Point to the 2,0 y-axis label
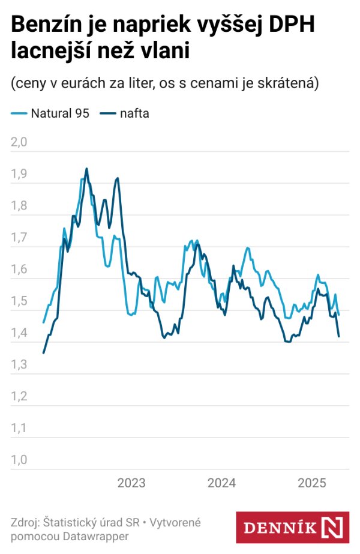click(x=20, y=142)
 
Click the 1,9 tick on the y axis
click(x=20, y=174)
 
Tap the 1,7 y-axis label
click(x=20, y=238)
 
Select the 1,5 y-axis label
click(x=20, y=301)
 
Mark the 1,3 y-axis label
click(x=20, y=365)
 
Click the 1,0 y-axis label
click(x=20, y=460)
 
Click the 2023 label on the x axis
click(x=131, y=483)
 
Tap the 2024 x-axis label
click(x=221, y=483)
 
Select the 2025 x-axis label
click(x=312, y=483)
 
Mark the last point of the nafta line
click(x=339, y=336)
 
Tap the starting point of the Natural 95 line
click(x=43, y=322)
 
